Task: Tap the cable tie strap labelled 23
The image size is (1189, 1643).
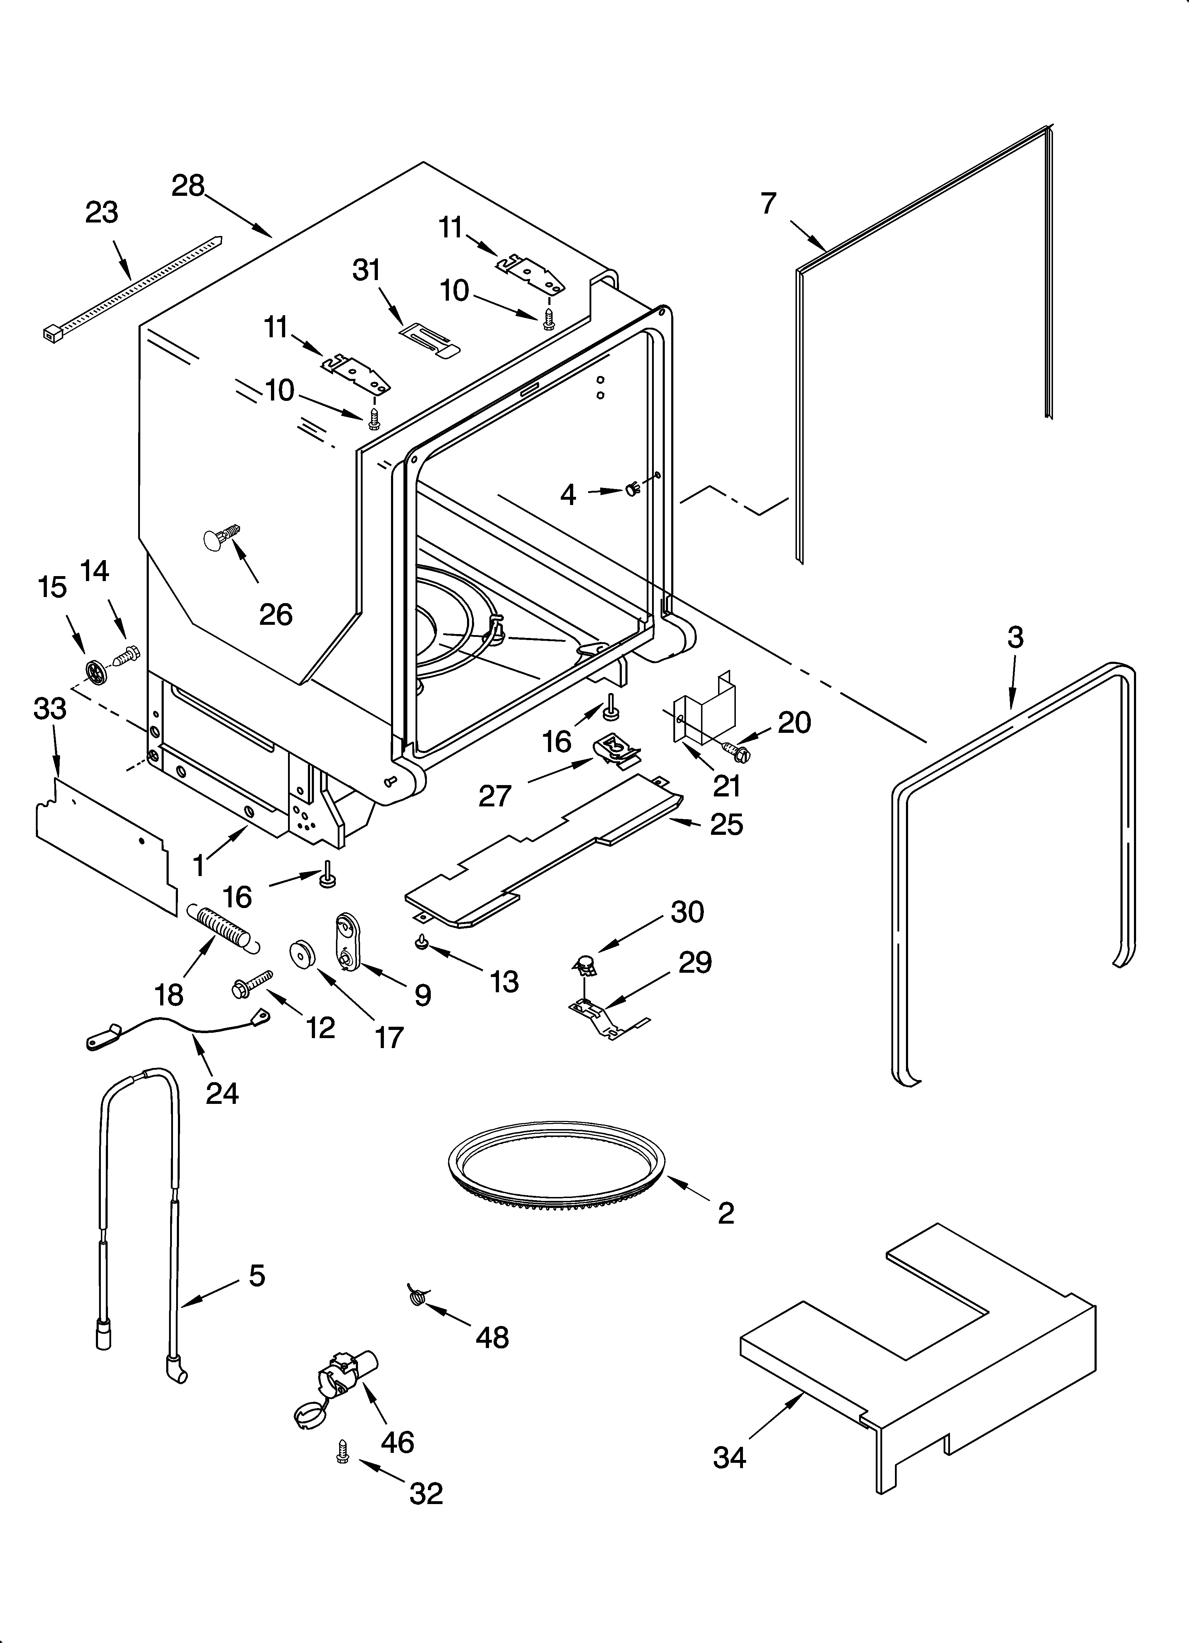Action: click(130, 288)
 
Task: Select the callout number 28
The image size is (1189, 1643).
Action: click(188, 186)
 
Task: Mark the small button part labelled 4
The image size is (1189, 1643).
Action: click(632, 490)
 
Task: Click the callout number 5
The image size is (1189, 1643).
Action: click(257, 1275)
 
